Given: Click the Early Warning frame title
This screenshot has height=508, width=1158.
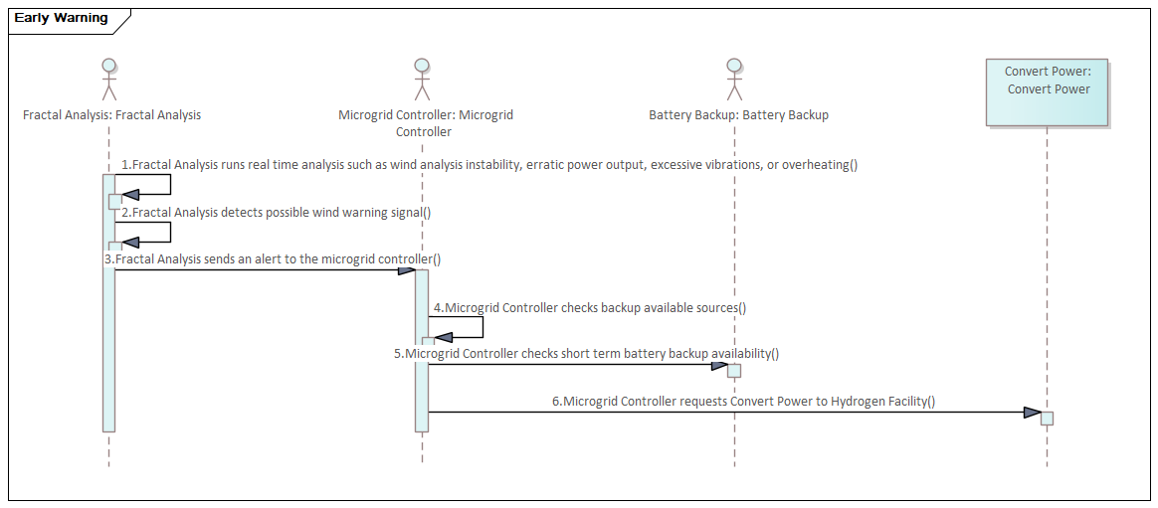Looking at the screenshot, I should click(60, 18).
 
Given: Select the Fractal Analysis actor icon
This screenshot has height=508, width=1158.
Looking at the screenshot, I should click(109, 80).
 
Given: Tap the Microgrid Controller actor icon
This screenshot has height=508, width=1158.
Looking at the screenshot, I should click(422, 80).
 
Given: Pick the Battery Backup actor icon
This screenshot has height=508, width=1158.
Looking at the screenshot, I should click(734, 80).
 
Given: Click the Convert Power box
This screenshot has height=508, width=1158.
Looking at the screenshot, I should click(1047, 90).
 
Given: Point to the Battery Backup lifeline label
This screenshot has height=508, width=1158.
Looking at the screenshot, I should click(738, 115).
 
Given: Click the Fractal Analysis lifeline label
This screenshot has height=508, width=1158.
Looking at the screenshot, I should click(111, 115).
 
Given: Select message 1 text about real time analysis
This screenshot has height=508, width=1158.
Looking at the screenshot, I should click(488, 165).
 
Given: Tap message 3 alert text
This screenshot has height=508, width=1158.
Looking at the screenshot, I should click(273, 259).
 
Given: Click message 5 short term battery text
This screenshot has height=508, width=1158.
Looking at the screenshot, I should click(586, 353).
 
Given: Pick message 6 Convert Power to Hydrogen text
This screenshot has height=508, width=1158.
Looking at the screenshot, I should click(743, 402).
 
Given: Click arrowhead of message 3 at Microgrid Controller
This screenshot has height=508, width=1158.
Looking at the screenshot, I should click(407, 270).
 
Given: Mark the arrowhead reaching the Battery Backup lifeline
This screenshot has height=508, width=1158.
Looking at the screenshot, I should click(719, 365).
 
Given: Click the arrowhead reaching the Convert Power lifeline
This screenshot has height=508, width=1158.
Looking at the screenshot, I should click(1032, 413).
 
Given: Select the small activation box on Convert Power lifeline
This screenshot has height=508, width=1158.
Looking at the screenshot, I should click(1047, 418).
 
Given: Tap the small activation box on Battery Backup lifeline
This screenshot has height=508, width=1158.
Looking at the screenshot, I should click(734, 371).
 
